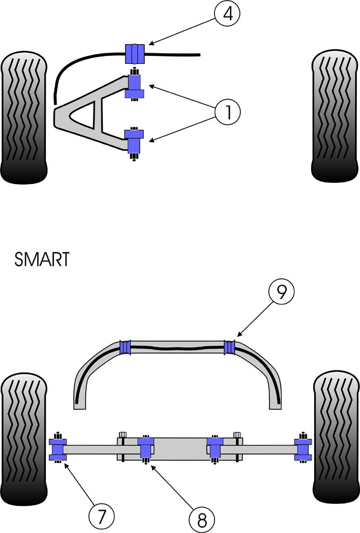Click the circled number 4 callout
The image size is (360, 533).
[x=227, y=14]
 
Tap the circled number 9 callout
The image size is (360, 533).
[x=280, y=292]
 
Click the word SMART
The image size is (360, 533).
[x=42, y=260]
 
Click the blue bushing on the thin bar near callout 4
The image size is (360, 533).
[x=135, y=53]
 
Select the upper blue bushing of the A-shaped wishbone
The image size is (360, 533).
[x=134, y=86]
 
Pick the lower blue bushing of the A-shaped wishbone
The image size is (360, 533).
[x=134, y=141]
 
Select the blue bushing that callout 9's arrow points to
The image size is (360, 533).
[x=230, y=347]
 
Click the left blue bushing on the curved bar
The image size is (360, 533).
[x=126, y=347]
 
